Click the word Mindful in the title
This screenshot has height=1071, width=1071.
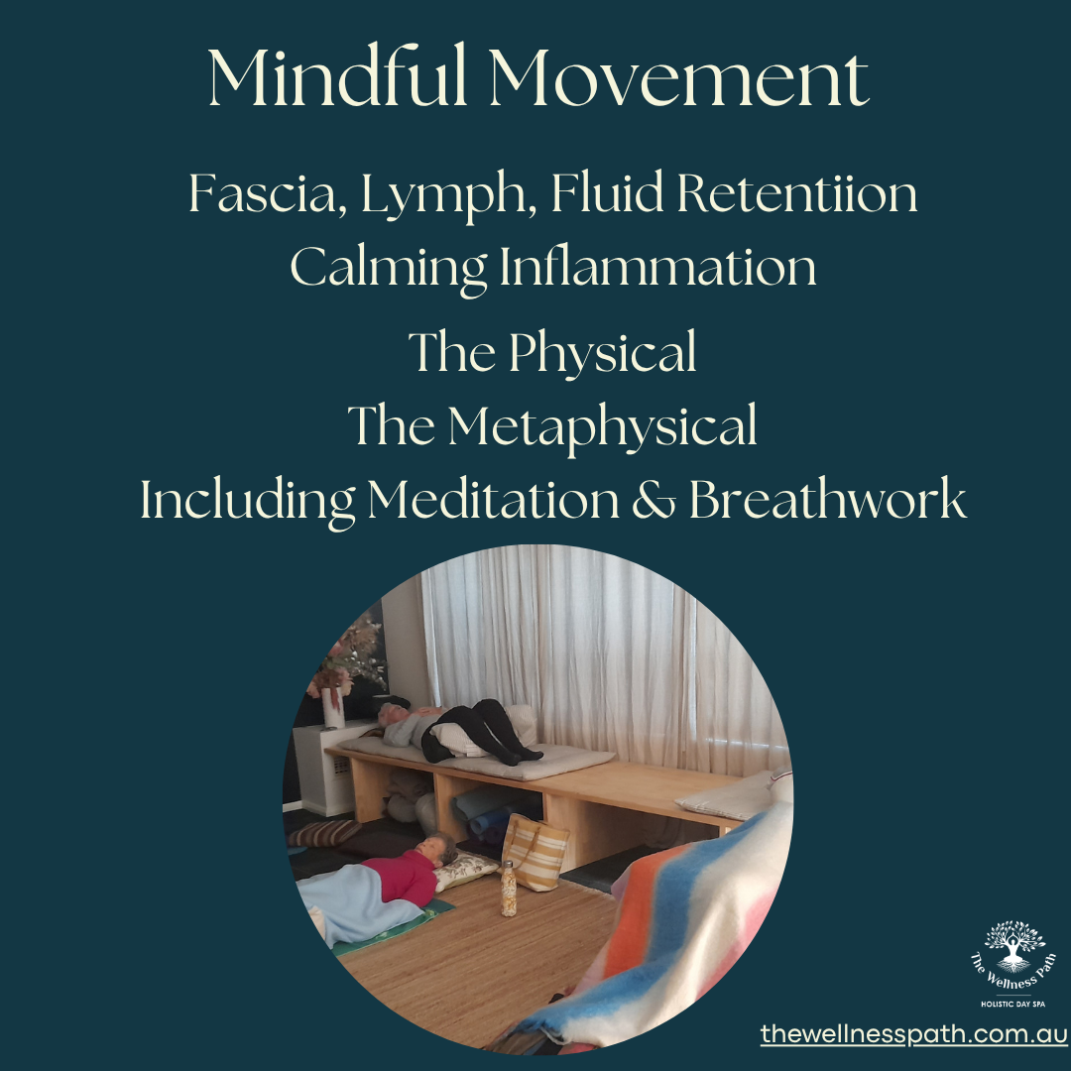point(337,75)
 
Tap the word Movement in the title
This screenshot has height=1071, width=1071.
point(679,78)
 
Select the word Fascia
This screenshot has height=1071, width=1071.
point(263,193)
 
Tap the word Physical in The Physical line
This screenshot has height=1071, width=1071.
point(602,354)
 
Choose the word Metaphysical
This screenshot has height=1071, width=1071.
point(603,427)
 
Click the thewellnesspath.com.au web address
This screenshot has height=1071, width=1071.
point(914,1033)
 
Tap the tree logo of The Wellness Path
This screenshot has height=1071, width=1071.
point(1014,945)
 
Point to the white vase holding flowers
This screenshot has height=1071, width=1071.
point(333,708)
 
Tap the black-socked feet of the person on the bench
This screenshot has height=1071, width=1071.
point(521,756)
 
